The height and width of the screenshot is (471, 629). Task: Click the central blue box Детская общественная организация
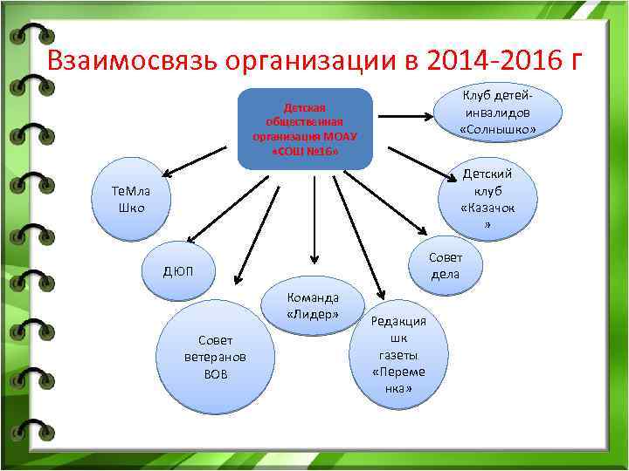(x=305, y=128)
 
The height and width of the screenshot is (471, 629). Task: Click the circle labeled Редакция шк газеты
(x=398, y=354)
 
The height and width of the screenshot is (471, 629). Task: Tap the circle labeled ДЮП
(x=178, y=272)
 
